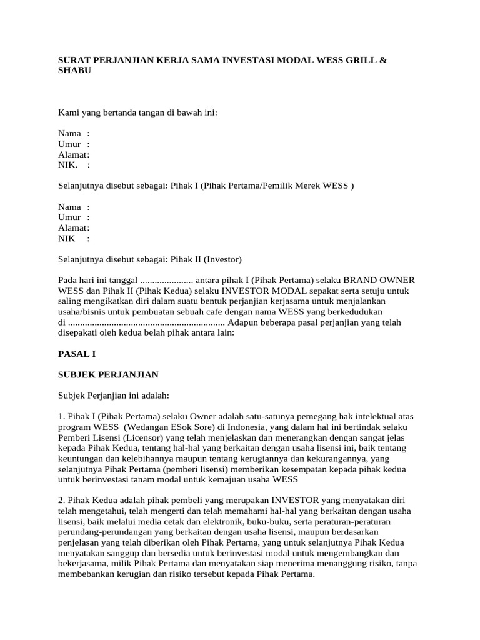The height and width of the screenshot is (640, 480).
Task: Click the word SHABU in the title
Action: pyautogui.click(x=75, y=71)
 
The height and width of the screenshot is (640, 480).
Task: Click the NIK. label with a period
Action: pyautogui.click(x=68, y=166)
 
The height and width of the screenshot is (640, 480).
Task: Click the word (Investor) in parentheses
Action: pyautogui.click(x=219, y=259)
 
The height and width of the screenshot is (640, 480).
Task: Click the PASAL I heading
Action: pyautogui.click(x=76, y=354)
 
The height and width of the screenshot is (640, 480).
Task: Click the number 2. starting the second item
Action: pyautogui.click(x=62, y=501)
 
